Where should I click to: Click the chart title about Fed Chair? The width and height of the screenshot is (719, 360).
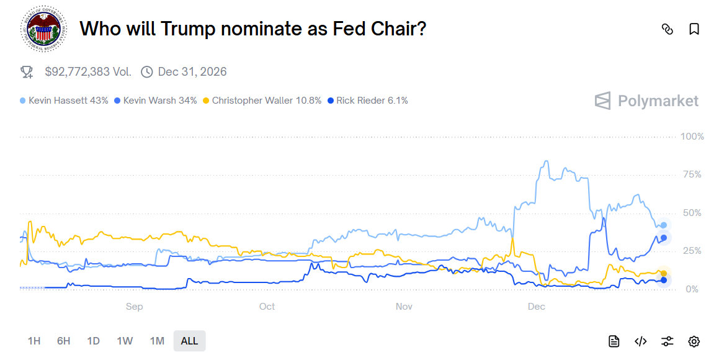253,29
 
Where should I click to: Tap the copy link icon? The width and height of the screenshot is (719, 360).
668,29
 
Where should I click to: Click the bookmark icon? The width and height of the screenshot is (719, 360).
694,29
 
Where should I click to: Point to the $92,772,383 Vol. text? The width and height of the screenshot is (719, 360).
88,72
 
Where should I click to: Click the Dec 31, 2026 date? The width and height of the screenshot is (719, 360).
192,72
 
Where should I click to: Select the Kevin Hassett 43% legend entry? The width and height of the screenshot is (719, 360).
64,101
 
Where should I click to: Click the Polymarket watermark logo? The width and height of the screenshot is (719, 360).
646,101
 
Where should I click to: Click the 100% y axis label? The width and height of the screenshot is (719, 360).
692,137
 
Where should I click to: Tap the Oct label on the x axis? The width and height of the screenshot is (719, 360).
267,307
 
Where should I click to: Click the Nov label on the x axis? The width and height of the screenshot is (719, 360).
404,307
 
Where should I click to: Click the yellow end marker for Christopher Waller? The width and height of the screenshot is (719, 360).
664,274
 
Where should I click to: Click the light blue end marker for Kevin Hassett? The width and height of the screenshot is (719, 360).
664,225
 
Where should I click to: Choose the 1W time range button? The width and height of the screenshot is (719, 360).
125,341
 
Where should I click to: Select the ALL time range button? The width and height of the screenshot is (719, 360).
189,341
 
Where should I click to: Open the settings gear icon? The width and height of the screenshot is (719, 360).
694,341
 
